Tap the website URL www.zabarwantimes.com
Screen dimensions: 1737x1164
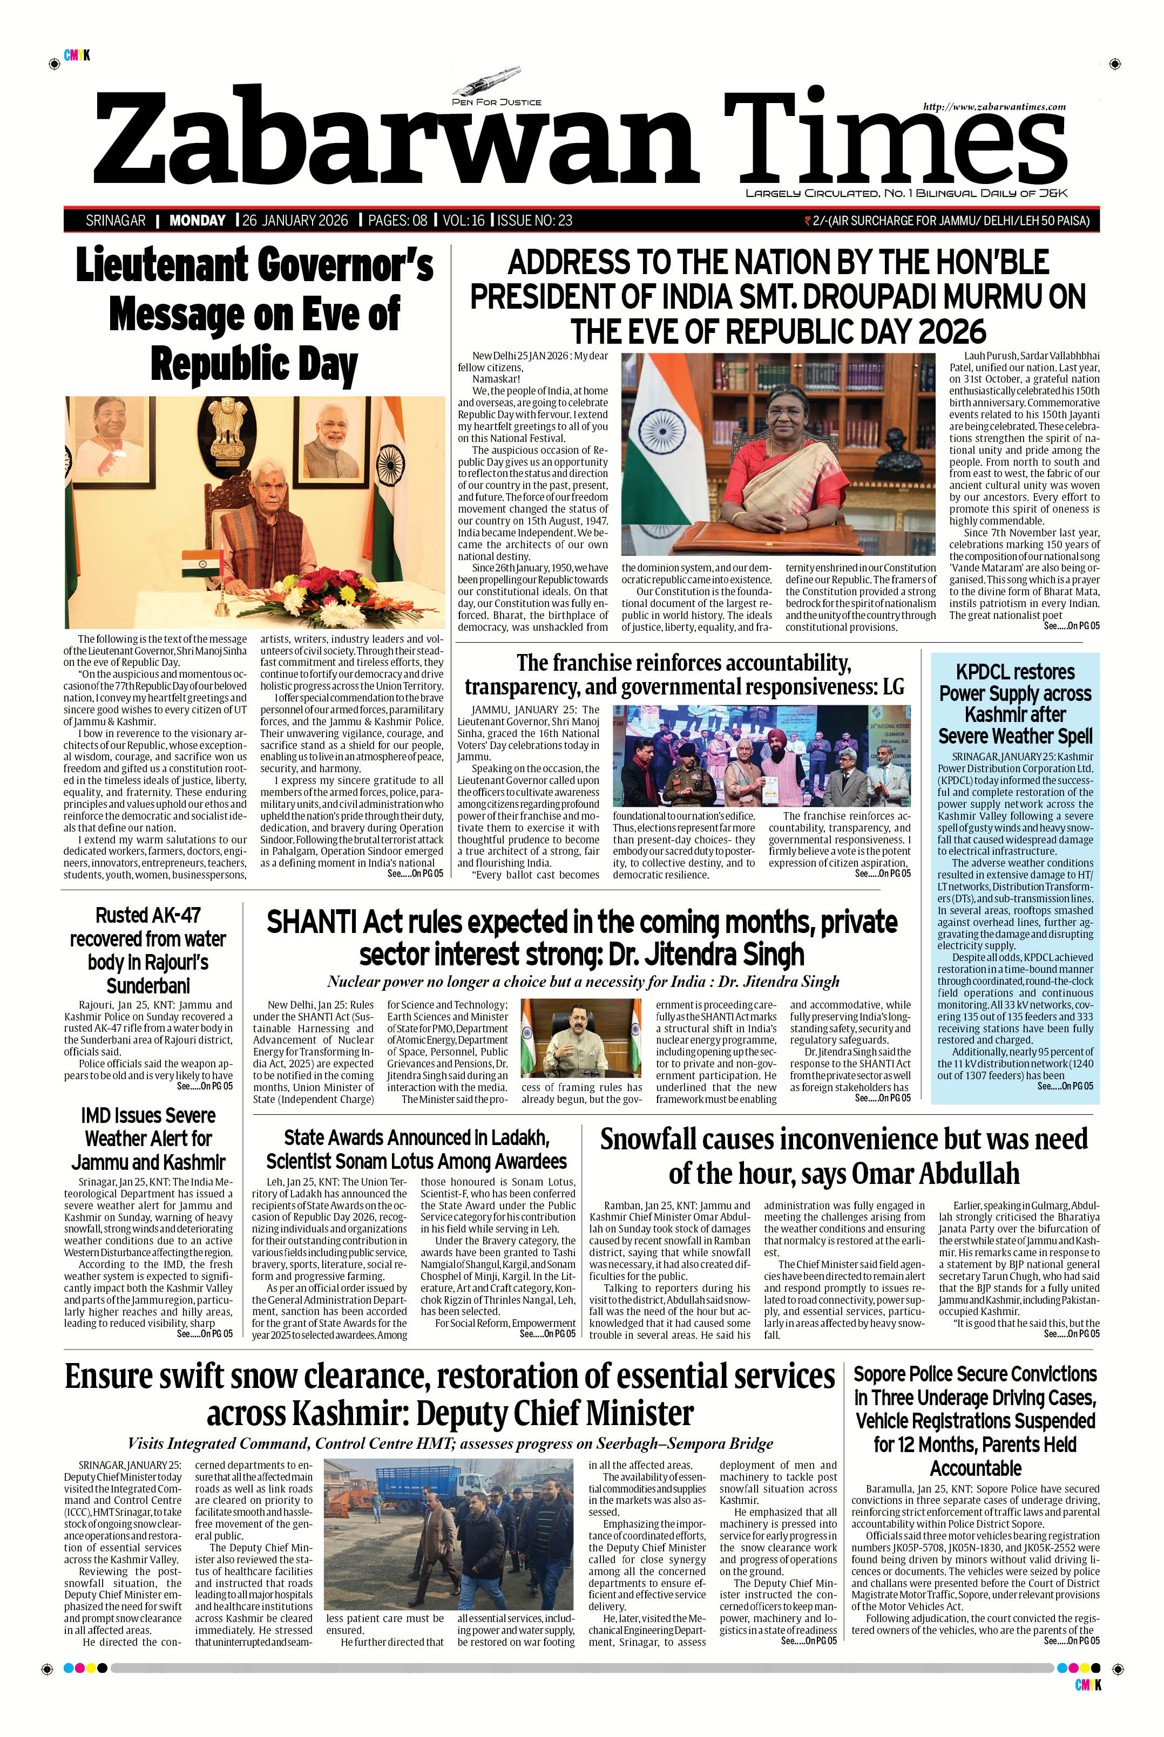coord(994,107)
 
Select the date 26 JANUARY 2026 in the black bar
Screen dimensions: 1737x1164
coord(295,220)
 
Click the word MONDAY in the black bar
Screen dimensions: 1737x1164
coord(198,220)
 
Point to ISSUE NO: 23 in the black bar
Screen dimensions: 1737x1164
coord(534,220)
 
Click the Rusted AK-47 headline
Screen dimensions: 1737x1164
coord(148,950)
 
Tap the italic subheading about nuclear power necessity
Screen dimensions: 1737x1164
coord(583,982)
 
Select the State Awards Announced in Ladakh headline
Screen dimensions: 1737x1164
coord(416,1149)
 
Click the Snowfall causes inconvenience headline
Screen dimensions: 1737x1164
coord(844,1156)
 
